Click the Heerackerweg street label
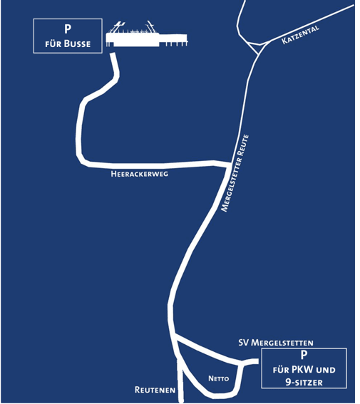tap(140, 174)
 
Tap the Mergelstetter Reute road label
tap(235, 173)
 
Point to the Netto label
tap(219, 378)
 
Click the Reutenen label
tap(155, 390)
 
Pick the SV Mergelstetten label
tap(276, 343)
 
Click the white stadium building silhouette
tap(147, 35)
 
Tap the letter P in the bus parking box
tap(68, 29)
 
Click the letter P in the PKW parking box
tap(304, 355)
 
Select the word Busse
tap(77, 43)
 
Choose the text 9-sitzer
tap(304, 382)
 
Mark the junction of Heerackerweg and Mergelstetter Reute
tap(228, 165)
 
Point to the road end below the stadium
tap(113, 55)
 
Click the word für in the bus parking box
tap(53, 44)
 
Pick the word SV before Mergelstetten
tap(244, 343)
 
